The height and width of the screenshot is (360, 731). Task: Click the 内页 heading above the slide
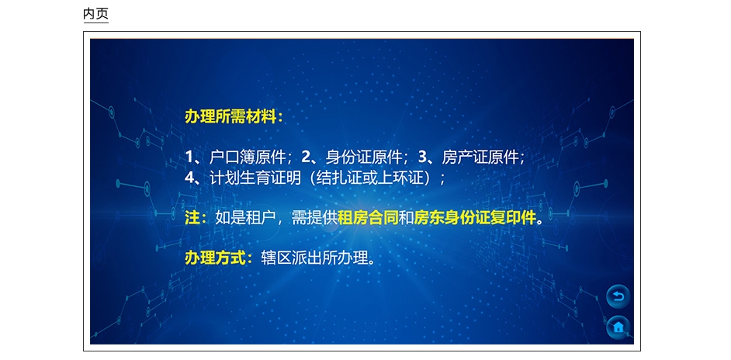click(95, 13)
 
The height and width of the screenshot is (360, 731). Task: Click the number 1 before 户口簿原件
click(189, 157)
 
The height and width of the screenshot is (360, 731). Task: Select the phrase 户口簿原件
click(247, 157)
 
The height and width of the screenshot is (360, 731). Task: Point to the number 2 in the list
click(306, 157)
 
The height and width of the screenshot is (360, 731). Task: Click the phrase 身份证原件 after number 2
click(364, 157)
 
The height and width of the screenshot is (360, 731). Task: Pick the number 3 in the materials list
click(423, 157)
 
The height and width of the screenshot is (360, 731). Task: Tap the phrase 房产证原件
click(480, 157)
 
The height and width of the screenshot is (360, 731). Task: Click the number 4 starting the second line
click(189, 178)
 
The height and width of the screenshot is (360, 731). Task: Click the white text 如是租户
click(245, 218)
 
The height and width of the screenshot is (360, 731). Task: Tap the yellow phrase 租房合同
click(369, 218)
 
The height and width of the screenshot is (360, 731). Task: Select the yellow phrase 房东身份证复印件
click(475, 218)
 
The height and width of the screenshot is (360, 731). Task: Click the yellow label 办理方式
click(215, 258)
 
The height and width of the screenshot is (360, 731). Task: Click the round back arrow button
click(618, 296)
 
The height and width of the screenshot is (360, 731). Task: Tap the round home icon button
click(618, 327)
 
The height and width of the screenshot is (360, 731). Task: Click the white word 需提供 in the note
click(314, 218)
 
